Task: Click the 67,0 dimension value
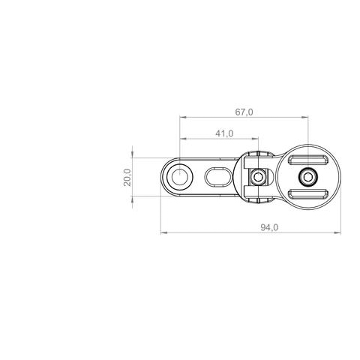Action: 244,112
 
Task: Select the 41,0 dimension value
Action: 223,133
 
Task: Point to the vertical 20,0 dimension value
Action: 127,178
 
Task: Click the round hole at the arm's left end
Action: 181,177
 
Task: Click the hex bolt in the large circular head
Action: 307,177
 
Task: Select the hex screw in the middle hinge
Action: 258,177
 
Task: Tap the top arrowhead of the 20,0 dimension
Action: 133,160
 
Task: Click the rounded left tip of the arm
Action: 164,178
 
